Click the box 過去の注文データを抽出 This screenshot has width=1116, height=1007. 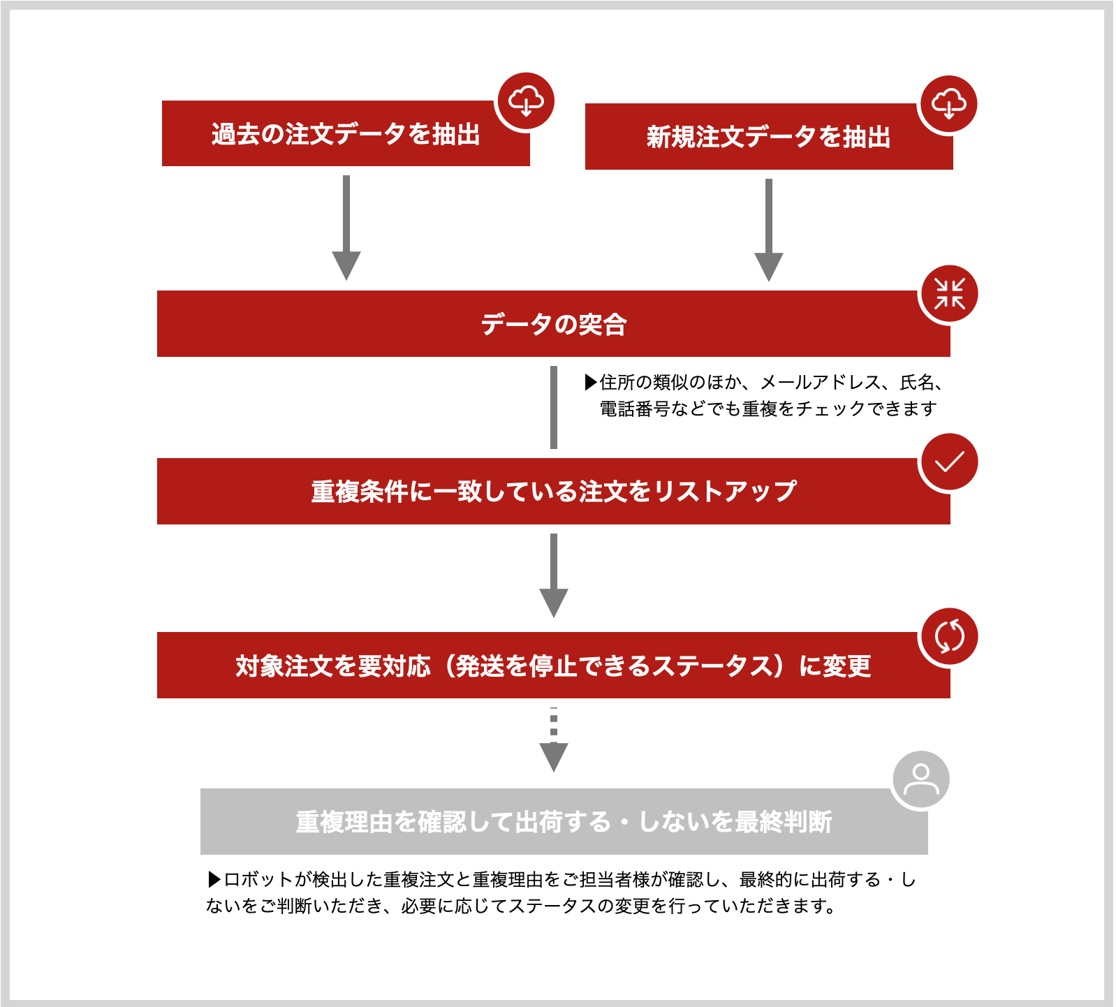[346, 133]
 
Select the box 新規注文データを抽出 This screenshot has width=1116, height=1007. [769, 137]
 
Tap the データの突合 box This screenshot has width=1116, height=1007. [553, 324]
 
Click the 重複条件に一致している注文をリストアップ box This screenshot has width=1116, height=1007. [553, 492]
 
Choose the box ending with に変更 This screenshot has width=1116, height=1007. [553, 666]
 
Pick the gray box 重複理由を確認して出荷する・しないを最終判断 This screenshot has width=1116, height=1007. [564, 822]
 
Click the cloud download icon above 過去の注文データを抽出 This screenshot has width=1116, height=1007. [526, 101]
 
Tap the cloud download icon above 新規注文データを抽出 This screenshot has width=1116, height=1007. [949, 104]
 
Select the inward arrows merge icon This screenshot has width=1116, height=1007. [950, 294]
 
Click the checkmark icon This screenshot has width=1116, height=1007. [950, 462]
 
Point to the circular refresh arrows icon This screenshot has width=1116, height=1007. [950, 636]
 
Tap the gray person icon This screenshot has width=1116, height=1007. [921, 779]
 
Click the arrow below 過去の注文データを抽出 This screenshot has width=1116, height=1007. [346, 228]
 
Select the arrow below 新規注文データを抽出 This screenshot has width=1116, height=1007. [769, 230]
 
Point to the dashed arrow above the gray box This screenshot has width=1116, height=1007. [554, 740]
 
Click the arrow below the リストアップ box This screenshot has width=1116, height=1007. [554, 575]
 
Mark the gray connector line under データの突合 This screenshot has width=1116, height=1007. [554, 407]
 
